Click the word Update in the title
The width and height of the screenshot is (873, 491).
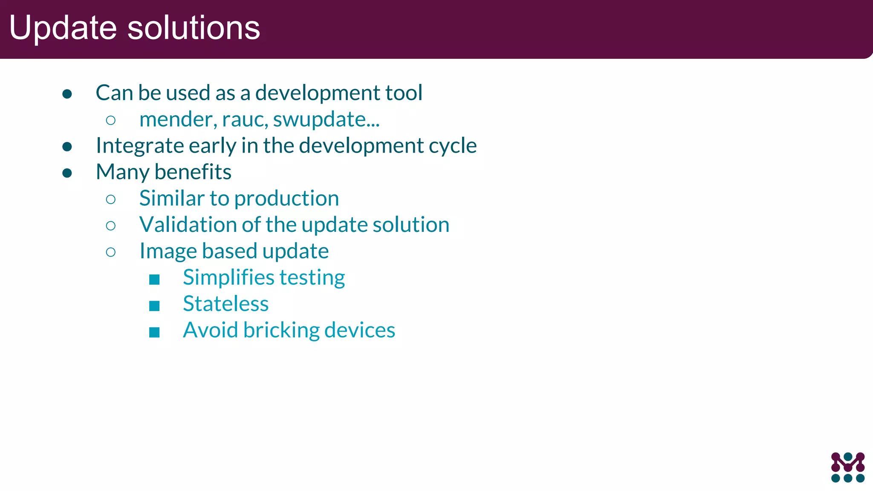coord(63,28)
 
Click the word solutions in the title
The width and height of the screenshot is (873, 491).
coord(194,28)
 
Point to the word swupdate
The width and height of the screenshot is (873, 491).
coord(320,119)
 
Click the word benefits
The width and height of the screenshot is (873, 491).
coord(193,172)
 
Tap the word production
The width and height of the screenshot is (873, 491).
coord(286,198)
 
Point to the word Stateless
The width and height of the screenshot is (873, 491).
coord(225,304)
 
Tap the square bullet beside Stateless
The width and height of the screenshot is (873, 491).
coord(154,306)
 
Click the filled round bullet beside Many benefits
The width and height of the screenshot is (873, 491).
coord(67,173)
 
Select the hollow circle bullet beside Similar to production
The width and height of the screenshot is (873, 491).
coord(111,199)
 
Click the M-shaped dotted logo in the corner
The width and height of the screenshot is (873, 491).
coord(847,467)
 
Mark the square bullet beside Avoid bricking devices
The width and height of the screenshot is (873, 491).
coord(154,332)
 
